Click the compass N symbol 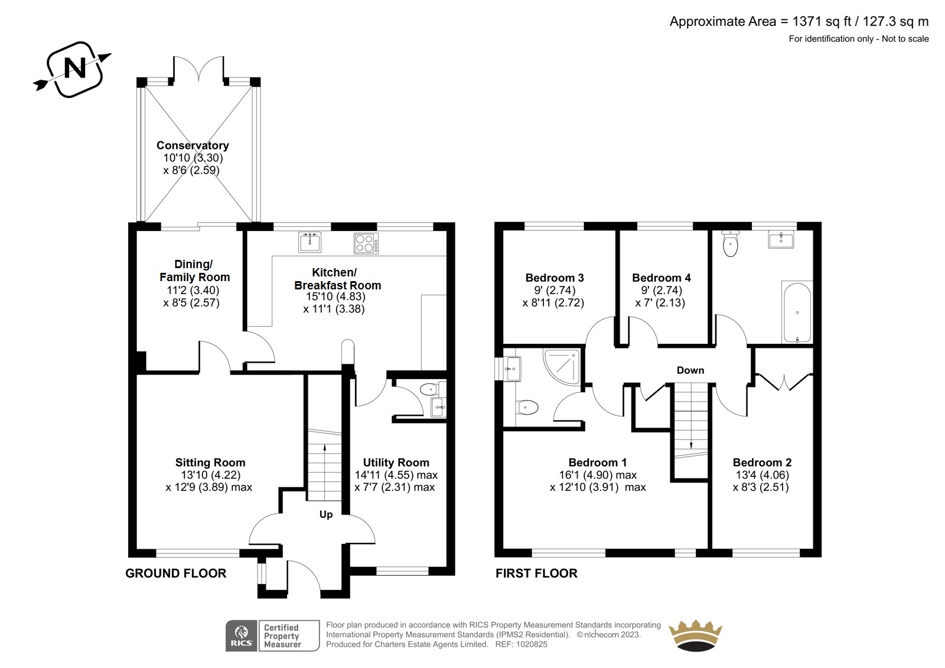pyautogui.click(x=73, y=70)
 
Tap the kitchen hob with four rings pyautogui.click(x=366, y=243)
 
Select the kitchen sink pyautogui.click(x=309, y=242)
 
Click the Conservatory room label pyautogui.click(x=193, y=145)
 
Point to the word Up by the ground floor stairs pyautogui.click(x=325, y=514)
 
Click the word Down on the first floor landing pyautogui.click(x=690, y=370)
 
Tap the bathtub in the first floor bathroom pyautogui.click(x=797, y=312)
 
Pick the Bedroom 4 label pyautogui.click(x=661, y=278)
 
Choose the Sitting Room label pyautogui.click(x=210, y=462)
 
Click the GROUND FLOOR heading pyautogui.click(x=176, y=573)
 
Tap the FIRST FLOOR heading pyautogui.click(x=536, y=573)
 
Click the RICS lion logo pyautogui.click(x=242, y=636)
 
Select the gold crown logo pyautogui.click(x=696, y=636)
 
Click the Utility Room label pyautogui.click(x=396, y=462)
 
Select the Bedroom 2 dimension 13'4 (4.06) pyautogui.click(x=762, y=475)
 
